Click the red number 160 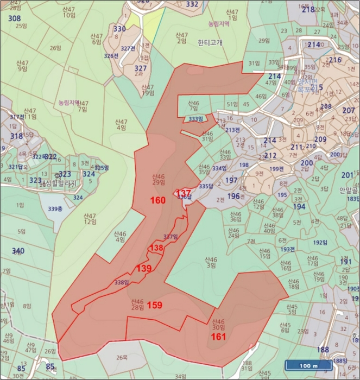tap(158, 200)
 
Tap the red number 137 tap(184, 194)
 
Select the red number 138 tap(156, 248)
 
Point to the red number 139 tap(144, 268)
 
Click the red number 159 tap(155, 305)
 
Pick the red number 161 tap(218, 337)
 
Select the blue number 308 tap(15, 18)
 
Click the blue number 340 tap(18, 250)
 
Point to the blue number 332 tap(192, 4)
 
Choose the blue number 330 tap(119, 29)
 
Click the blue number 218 tap(308, 10)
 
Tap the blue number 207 tap(349, 111)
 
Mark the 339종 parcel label tap(55, 208)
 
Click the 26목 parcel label tap(122, 358)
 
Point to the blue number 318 tap(17, 137)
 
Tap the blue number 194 tap(299, 206)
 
